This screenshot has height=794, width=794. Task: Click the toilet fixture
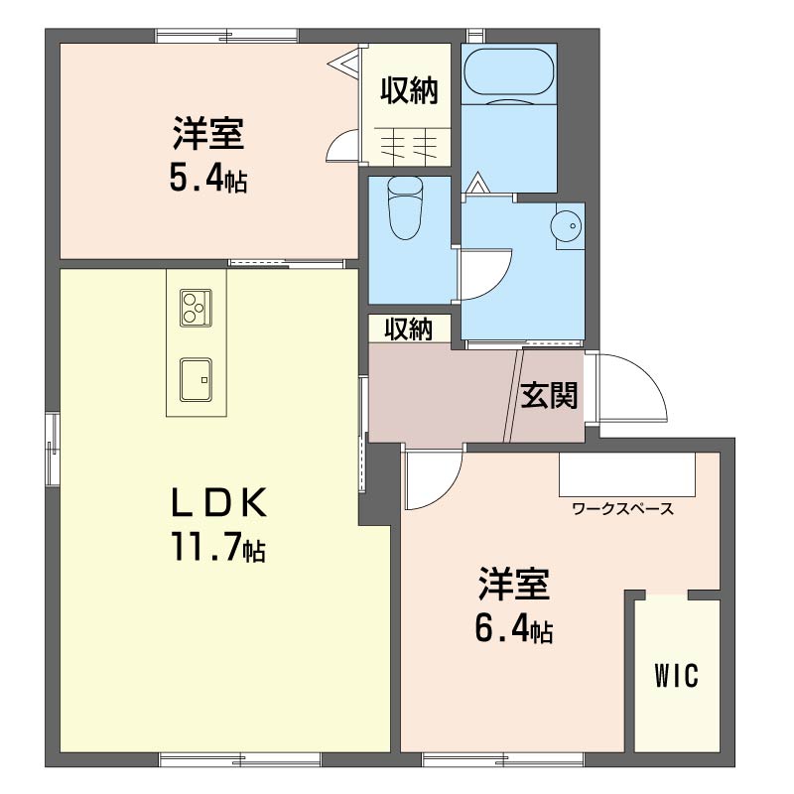click(405, 207)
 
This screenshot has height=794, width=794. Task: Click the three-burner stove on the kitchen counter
click(196, 308)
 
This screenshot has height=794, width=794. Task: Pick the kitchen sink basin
click(196, 380)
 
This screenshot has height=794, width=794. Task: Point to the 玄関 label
click(550, 395)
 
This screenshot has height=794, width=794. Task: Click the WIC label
click(677, 675)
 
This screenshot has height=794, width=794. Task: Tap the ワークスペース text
click(623, 508)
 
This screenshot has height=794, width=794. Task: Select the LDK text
click(218, 502)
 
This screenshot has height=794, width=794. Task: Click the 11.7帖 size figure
click(218, 548)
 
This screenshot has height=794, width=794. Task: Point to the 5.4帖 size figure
click(208, 179)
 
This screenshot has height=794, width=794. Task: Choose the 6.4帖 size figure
click(513, 628)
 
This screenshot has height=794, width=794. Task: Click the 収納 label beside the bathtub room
click(409, 90)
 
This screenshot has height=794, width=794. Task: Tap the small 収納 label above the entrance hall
click(408, 330)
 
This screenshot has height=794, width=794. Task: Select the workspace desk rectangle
click(627, 474)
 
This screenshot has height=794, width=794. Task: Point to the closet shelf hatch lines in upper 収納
click(409, 144)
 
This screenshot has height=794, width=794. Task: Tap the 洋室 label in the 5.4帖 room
click(208, 134)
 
